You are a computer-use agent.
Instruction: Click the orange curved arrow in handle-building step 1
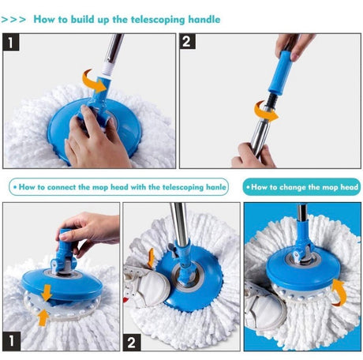(x=94, y=79)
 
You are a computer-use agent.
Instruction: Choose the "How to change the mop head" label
(x=301, y=187)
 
